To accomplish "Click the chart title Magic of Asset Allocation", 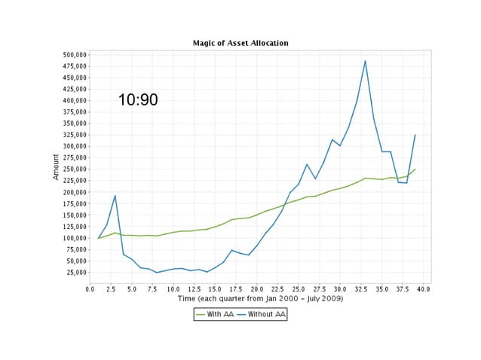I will coord(240,43).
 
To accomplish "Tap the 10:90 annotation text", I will coord(138,99).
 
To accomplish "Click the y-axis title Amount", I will coord(56,166).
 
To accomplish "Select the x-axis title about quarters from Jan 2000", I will coord(260,299).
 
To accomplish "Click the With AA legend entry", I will coord(216,314).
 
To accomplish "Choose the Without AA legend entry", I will coord(261,314).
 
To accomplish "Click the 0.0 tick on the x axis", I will coord(90,288).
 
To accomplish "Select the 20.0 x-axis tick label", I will coord(257,288).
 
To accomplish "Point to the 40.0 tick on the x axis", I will coord(423,288).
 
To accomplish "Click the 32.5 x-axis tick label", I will coord(360,288).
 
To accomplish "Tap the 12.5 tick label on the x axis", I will coord(195,288).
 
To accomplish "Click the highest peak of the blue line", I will coord(365,61).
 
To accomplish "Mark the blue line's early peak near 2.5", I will coord(115,196).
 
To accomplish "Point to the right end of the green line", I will coord(415,169).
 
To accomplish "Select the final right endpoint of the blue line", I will coord(415,136).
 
